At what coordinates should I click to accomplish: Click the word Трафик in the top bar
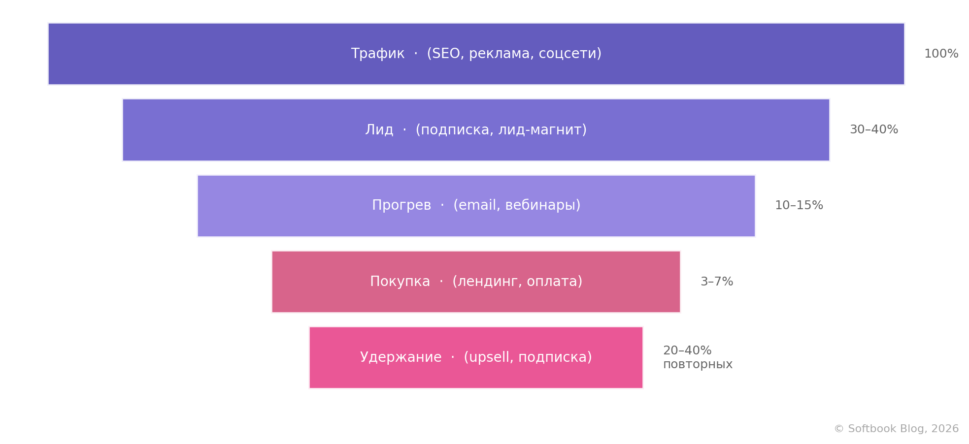tap(378, 54)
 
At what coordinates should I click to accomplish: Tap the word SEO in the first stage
tap(446, 54)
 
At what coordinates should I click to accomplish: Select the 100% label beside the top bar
tap(941, 54)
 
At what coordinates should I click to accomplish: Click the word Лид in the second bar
tap(379, 130)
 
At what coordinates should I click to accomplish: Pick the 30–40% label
tap(874, 129)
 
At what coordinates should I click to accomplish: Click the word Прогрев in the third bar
tap(401, 206)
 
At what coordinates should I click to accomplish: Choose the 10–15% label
tap(799, 205)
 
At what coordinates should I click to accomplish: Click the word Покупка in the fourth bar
tap(400, 282)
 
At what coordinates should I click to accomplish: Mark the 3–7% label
tap(717, 282)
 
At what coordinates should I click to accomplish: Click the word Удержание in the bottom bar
tap(401, 358)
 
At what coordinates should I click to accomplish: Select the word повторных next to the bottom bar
tap(698, 365)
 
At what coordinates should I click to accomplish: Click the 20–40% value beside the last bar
tap(687, 350)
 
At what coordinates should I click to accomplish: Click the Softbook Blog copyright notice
tap(896, 429)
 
